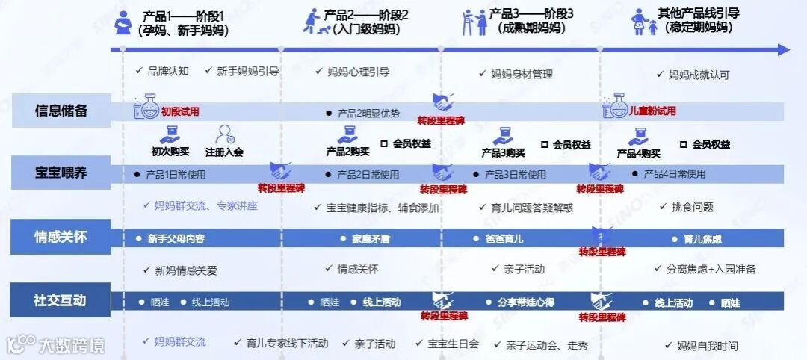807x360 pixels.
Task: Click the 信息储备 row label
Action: point(61,111)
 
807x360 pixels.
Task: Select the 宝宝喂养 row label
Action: point(61,173)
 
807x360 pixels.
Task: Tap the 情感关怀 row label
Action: point(61,238)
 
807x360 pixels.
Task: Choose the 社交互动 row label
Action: point(61,300)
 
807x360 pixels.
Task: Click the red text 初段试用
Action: point(180,111)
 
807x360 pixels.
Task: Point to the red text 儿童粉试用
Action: point(652,111)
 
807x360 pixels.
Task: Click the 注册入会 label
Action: point(224,152)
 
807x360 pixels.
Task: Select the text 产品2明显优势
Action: point(368,114)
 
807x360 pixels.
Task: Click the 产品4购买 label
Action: point(638,154)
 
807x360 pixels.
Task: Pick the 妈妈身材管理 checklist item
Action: point(522,74)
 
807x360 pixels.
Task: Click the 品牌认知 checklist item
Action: point(168,72)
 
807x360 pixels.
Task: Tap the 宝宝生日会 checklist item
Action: point(453,344)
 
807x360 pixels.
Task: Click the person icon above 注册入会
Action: point(224,134)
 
